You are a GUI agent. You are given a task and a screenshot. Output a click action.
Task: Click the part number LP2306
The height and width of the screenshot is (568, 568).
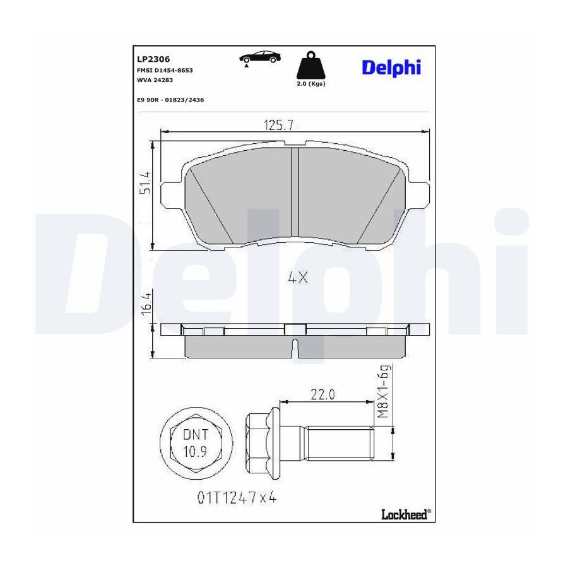tap(153, 59)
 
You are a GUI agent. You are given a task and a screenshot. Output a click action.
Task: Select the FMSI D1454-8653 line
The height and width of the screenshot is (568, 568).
tap(165, 70)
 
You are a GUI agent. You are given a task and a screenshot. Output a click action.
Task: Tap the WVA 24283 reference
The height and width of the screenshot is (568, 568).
tap(155, 80)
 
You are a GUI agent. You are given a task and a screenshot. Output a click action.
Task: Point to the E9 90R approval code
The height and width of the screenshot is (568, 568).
tap(170, 100)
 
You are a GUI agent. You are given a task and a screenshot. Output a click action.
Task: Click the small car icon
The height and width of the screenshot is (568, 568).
tap(260, 58)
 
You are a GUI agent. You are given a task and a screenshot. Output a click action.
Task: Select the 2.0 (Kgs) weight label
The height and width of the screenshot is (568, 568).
tap(311, 84)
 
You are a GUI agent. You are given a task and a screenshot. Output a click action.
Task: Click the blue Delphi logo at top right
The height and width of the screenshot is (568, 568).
tap(391, 68)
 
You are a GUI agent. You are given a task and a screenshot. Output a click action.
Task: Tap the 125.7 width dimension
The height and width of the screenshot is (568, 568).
tap(278, 126)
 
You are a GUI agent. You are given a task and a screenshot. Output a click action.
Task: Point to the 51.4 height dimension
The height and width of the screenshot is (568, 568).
tap(146, 182)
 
